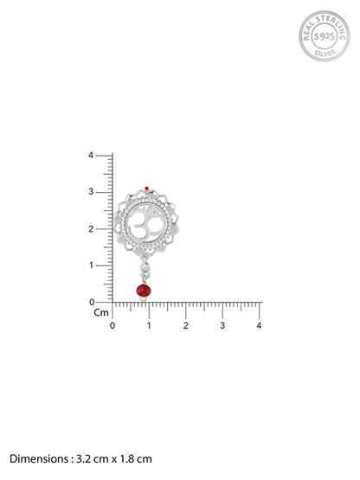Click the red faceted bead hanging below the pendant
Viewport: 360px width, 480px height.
click(144, 290)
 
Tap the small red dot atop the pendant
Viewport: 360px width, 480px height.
click(147, 188)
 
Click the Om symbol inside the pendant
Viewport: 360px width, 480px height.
click(146, 226)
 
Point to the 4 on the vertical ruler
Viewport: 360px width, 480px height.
click(91, 155)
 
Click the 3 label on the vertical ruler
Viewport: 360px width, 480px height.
click(91, 192)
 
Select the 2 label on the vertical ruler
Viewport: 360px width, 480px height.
click(91, 228)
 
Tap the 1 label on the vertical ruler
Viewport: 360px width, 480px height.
click(91, 266)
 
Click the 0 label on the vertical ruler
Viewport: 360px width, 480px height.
click(92, 302)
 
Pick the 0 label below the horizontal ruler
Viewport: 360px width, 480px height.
click(112, 325)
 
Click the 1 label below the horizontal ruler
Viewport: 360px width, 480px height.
click(149, 325)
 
